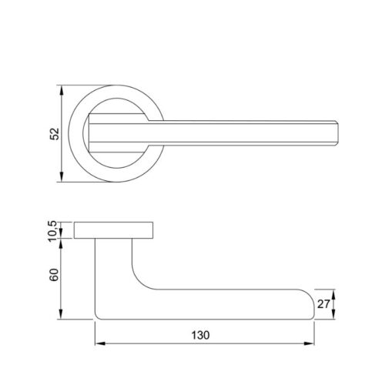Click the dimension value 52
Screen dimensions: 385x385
(x=55, y=134)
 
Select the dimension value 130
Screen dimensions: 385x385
(x=200, y=335)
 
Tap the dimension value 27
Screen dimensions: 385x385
(x=323, y=304)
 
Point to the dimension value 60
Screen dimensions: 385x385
(x=54, y=275)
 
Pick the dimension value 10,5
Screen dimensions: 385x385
(x=53, y=232)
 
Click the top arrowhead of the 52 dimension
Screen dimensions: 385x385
(x=61, y=90)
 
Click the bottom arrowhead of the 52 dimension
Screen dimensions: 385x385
(x=61, y=177)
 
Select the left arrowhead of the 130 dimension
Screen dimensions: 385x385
(x=100, y=343)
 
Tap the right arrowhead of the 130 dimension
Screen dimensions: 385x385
(x=309, y=343)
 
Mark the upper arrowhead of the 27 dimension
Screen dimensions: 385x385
(x=333, y=294)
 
